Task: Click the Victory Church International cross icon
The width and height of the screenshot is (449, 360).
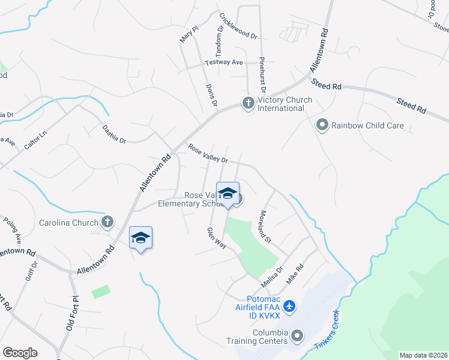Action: [247, 104]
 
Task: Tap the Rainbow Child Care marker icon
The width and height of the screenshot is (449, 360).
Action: [322, 125]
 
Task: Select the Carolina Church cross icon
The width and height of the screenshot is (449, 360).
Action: [107, 223]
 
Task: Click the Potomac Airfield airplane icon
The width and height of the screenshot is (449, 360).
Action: [290, 307]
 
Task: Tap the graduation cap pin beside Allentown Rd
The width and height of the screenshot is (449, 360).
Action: [140, 239]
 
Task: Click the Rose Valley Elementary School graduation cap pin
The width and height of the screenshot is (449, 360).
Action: [227, 194]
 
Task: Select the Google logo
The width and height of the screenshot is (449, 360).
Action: [20, 353]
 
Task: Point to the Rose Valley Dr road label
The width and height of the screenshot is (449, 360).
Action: [208, 154]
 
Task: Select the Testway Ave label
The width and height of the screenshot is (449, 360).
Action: [223, 62]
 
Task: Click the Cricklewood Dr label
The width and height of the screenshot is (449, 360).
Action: [238, 26]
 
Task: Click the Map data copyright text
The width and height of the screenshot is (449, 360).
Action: [424, 355]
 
